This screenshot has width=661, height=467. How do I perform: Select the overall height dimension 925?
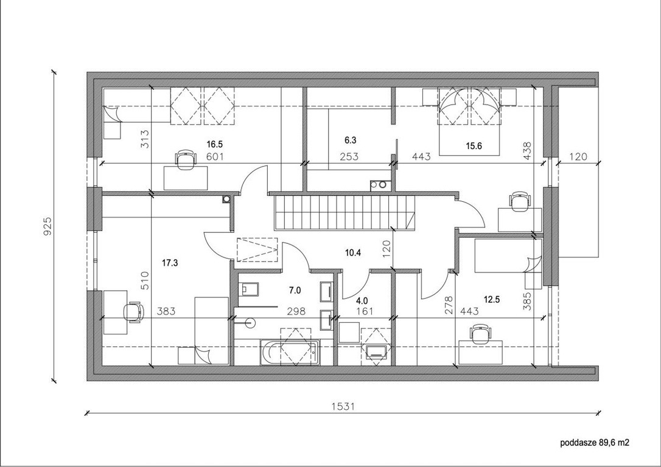click(x=47, y=226)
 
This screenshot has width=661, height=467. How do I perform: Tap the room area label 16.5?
click(x=214, y=145)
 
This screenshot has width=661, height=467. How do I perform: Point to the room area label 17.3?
click(x=170, y=263)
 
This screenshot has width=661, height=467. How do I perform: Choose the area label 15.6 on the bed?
click(x=474, y=146)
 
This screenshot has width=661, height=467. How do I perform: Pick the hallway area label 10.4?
click(x=353, y=253)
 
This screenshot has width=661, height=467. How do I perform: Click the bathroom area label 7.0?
click(x=295, y=290)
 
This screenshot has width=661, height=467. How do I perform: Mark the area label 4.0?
click(x=362, y=301)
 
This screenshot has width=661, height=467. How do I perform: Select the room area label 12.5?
click(x=492, y=300)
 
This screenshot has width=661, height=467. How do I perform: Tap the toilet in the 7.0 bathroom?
click(x=248, y=289)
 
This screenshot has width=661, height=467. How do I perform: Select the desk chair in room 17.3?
click(x=133, y=313)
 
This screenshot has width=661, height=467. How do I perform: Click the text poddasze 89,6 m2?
click(x=595, y=443)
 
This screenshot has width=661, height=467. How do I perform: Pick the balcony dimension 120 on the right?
click(x=578, y=157)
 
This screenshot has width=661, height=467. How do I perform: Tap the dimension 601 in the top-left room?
click(x=215, y=157)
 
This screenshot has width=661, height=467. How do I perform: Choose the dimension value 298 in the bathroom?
click(x=296, y=311)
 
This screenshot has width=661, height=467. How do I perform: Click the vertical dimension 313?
click(x=144, y=138)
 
